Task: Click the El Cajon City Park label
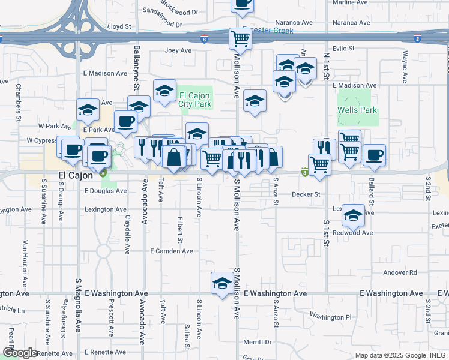click(195, 100)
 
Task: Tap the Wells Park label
click(357, 110)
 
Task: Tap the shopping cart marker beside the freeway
click(240, 39)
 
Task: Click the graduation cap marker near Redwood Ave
click(354, 215)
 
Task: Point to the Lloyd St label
click(119, 27)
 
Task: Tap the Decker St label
click(306, 194)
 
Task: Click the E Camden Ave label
click(172, 251)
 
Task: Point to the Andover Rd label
click(400, 272)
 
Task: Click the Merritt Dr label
click(258, 342)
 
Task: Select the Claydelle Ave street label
click(127, 235)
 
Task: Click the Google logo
click(20, 353)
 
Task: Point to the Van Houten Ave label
click(25, 263)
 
